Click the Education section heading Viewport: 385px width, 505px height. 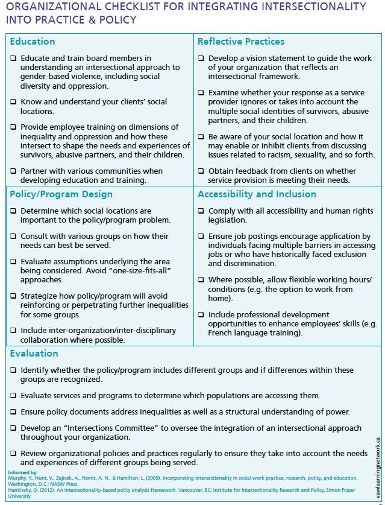coord(33,42)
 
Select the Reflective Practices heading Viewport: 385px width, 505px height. coord(241,42)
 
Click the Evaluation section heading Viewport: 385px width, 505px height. coord(34,354)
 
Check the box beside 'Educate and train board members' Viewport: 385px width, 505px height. coord(13,59)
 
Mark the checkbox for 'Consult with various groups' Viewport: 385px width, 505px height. coord(13,237)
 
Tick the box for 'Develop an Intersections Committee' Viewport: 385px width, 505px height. coord(13,428)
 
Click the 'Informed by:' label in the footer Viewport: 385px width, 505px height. coord(23,472)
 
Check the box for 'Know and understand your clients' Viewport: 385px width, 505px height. coord(13,102)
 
